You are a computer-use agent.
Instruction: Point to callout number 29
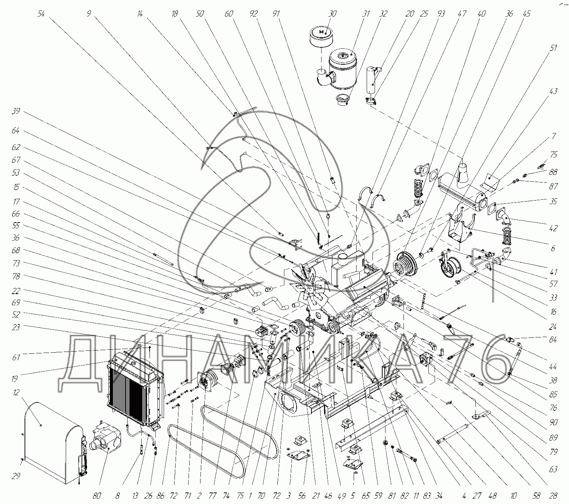[x=16, y=476]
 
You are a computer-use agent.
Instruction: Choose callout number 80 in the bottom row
[x=96, y=496]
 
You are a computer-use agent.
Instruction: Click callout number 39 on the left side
[x=16, y=111]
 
